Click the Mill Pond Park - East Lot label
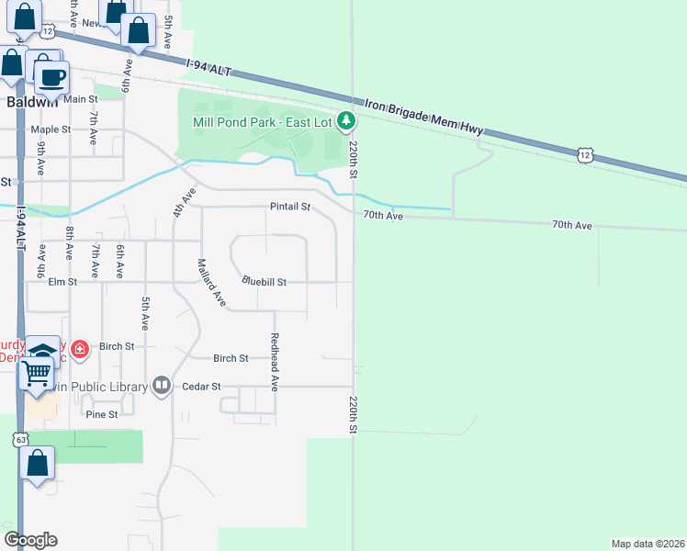click(263, 121)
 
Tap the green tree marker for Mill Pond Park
click(345, 120)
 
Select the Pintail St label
click(290, 207)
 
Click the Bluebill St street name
click(265, 282)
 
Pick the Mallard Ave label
click(210, 282)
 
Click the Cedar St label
click(203, 387)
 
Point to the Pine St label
click(102, 414)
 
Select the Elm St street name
click(62, 283)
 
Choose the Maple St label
click(51, 129)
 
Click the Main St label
click(80, 99)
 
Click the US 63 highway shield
click(20, 440)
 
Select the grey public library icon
click(162, 385)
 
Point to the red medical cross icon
click(80, 349)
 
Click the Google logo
click(30, 539)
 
